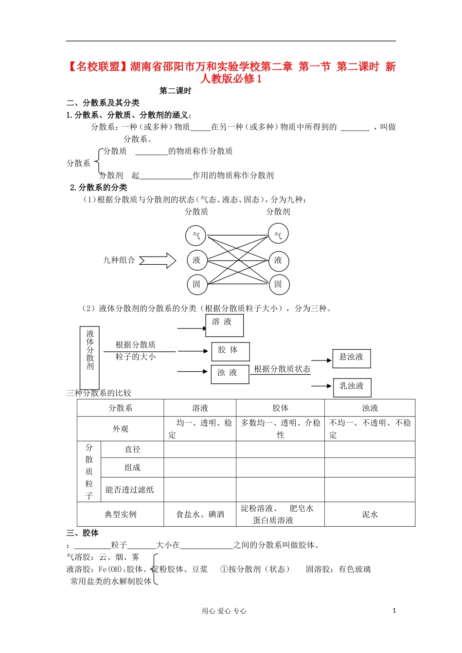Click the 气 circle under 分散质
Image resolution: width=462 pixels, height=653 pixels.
click(x=196, y=236)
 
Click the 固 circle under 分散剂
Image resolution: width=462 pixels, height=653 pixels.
click(x=278, y=284)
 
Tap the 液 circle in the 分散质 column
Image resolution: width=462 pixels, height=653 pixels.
click(x=196, y=260)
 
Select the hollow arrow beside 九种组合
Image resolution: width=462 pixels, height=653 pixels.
click(x=158, y=260)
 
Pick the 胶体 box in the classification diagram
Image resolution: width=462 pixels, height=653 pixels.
click(x=230, y=351)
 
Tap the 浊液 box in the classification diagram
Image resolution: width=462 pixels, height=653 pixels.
click(x=230, y=374)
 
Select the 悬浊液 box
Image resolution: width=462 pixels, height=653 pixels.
click(x=351, y=358)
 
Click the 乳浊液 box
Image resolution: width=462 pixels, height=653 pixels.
click(x=352, y=387)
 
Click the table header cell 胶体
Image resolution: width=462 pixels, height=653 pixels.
click(x=280, y=408)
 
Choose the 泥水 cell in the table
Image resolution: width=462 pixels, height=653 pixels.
click(x=370, y=514)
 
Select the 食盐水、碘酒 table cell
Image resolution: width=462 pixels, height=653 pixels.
click(x=200, y=514)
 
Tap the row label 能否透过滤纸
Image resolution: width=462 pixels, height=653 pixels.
click(x=130, y=490)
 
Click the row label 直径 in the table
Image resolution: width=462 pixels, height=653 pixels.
click(x=132, y=449)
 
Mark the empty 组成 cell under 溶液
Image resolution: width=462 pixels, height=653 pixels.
click(x=200, y=467)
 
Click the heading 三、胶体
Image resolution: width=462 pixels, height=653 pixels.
click(x=83, y=533)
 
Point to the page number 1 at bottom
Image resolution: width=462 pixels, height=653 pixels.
click(x=394, y=611)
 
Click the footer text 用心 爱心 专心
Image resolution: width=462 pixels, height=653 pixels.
click(x=224, y=611)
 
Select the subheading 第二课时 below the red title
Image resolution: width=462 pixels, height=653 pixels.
click(x=176, y=91)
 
